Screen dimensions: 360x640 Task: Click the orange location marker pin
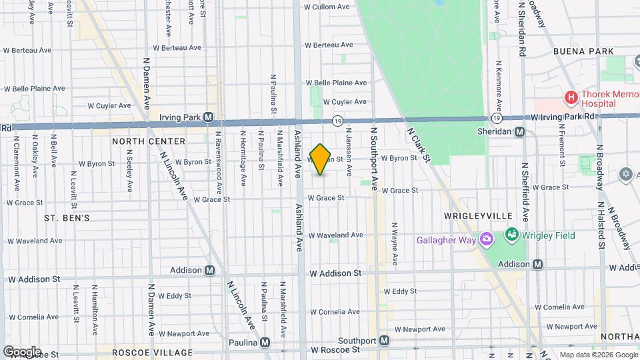click(321, 159)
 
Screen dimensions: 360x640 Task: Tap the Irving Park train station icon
click(209, 117)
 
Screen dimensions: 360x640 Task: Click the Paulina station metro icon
click(265, 343)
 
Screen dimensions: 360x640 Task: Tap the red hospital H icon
click(571, 99)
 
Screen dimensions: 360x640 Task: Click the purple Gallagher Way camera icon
click(487, 239)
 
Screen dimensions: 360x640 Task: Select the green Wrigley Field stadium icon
click(511, 235)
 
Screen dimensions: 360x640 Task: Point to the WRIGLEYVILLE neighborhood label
click(478, 216)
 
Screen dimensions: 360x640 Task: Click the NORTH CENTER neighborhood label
click(149, 141)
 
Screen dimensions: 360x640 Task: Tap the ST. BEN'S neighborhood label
click(67, 218)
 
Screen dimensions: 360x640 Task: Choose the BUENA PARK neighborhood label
click(583, 51)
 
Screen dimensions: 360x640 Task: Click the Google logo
click(22, 351)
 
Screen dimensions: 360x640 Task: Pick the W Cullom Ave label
click(327, 7)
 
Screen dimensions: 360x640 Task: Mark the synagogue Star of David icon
click(625, 175)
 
